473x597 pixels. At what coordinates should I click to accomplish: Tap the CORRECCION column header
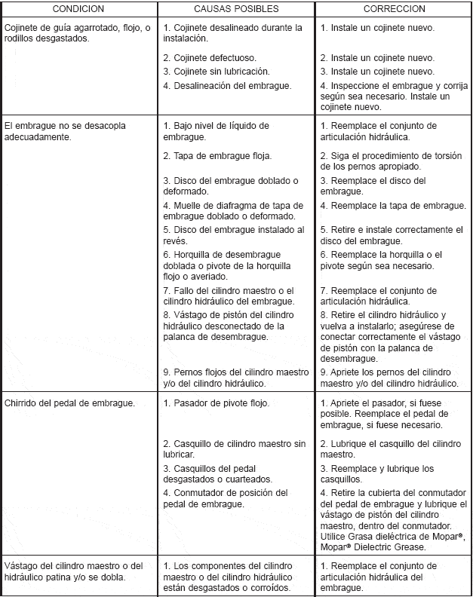pyautogui.click(x=393, y=9)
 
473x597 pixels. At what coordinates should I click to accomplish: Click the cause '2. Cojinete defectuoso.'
pyautogui.click(x=210, y=57)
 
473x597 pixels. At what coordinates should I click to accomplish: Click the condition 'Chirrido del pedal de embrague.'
pyautogui.click(x=70, y=403)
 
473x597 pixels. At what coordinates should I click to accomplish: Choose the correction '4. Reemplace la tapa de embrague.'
pyautogui.click(x=393, y=205)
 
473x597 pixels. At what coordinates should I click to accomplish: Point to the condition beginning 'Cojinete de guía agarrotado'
pyautogui.click(x=72, y=32)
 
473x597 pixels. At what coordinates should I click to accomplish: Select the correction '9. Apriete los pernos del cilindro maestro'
pyautogui.click(x=393, y=377)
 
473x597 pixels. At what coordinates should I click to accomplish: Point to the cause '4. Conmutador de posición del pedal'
pyautogui.click(x=226, y=497)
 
